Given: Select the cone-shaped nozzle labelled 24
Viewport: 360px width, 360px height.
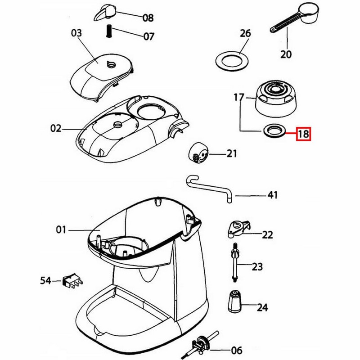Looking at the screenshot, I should click(234, 301).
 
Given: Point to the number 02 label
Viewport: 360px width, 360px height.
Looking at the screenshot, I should click(56, 129).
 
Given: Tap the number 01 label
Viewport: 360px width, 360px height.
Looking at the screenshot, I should click(61, 230).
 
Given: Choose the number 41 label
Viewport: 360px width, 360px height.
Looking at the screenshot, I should click(272, 196).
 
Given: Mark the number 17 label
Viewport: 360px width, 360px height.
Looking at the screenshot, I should click(238, 97).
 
